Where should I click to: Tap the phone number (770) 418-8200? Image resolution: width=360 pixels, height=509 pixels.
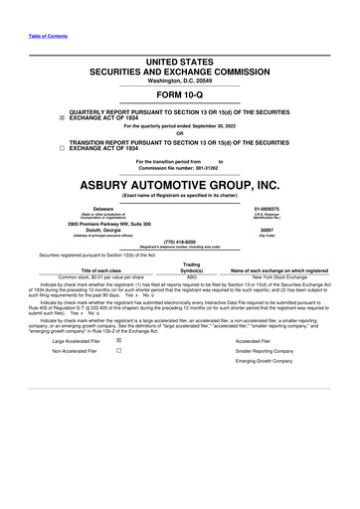pos(180,241)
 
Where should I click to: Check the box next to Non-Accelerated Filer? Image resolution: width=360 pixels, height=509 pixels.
pos(118,351)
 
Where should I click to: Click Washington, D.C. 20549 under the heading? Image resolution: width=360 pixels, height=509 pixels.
pos(180,80)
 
